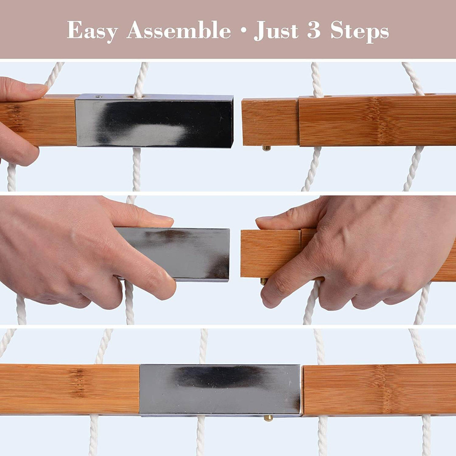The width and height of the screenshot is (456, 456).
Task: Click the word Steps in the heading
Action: [360, 31]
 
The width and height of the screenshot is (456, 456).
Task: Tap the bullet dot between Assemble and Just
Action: [242, 31]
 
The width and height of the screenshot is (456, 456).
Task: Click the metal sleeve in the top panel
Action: [154, 120]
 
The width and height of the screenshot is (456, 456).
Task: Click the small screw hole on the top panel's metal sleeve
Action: [99, 97]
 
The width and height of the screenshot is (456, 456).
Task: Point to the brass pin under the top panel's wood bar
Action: [266, 148]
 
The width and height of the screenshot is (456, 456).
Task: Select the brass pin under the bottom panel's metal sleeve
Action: [268, 418]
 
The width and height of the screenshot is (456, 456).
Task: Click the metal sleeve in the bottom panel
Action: [220, 390]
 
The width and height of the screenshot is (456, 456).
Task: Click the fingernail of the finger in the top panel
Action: [37, 87]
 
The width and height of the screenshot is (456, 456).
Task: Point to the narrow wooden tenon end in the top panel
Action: [270, 122]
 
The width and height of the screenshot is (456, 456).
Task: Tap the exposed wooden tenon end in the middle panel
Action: [271, 253]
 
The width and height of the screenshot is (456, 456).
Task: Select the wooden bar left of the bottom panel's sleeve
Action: [70, 389]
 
